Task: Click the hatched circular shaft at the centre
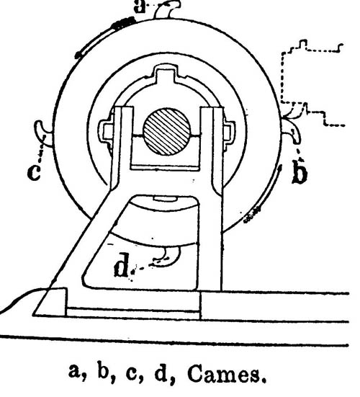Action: tap(166, 132)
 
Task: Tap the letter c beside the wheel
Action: tap(34, 173)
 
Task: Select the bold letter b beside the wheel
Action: tap(300, 172)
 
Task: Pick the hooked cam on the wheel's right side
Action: tap(292, 131)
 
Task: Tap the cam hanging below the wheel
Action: tap(168, 257)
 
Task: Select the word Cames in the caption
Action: tap(227, 375)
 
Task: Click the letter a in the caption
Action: tap(76, 373)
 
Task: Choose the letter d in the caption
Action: tap(161, 373)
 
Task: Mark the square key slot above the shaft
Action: tap(166, 74)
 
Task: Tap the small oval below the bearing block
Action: tap(165, 199)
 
